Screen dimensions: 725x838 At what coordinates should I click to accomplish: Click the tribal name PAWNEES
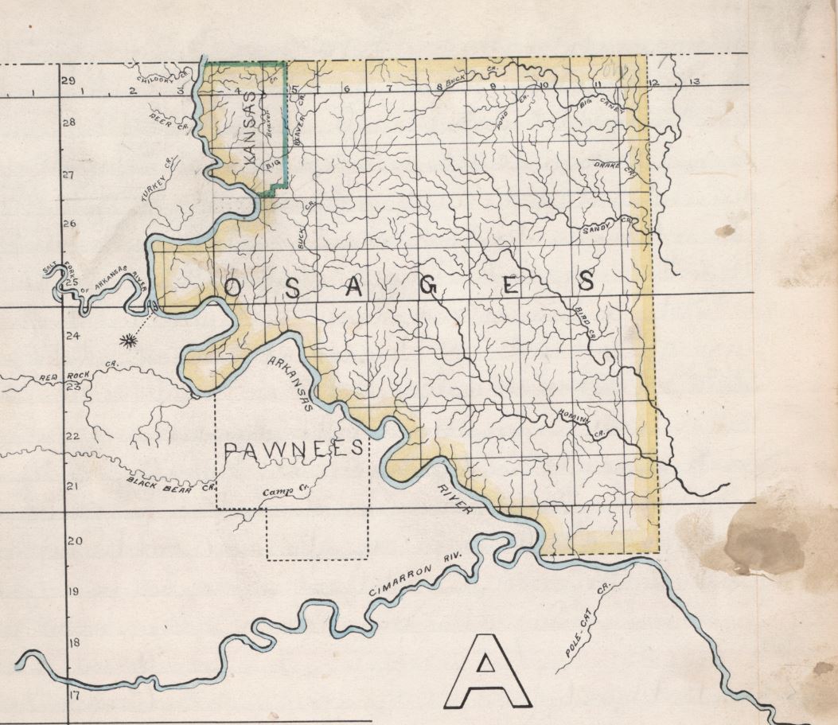[294, 449]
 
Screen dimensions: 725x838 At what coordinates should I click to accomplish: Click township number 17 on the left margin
[74, 695]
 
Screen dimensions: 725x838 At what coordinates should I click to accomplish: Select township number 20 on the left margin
[74, 541]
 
